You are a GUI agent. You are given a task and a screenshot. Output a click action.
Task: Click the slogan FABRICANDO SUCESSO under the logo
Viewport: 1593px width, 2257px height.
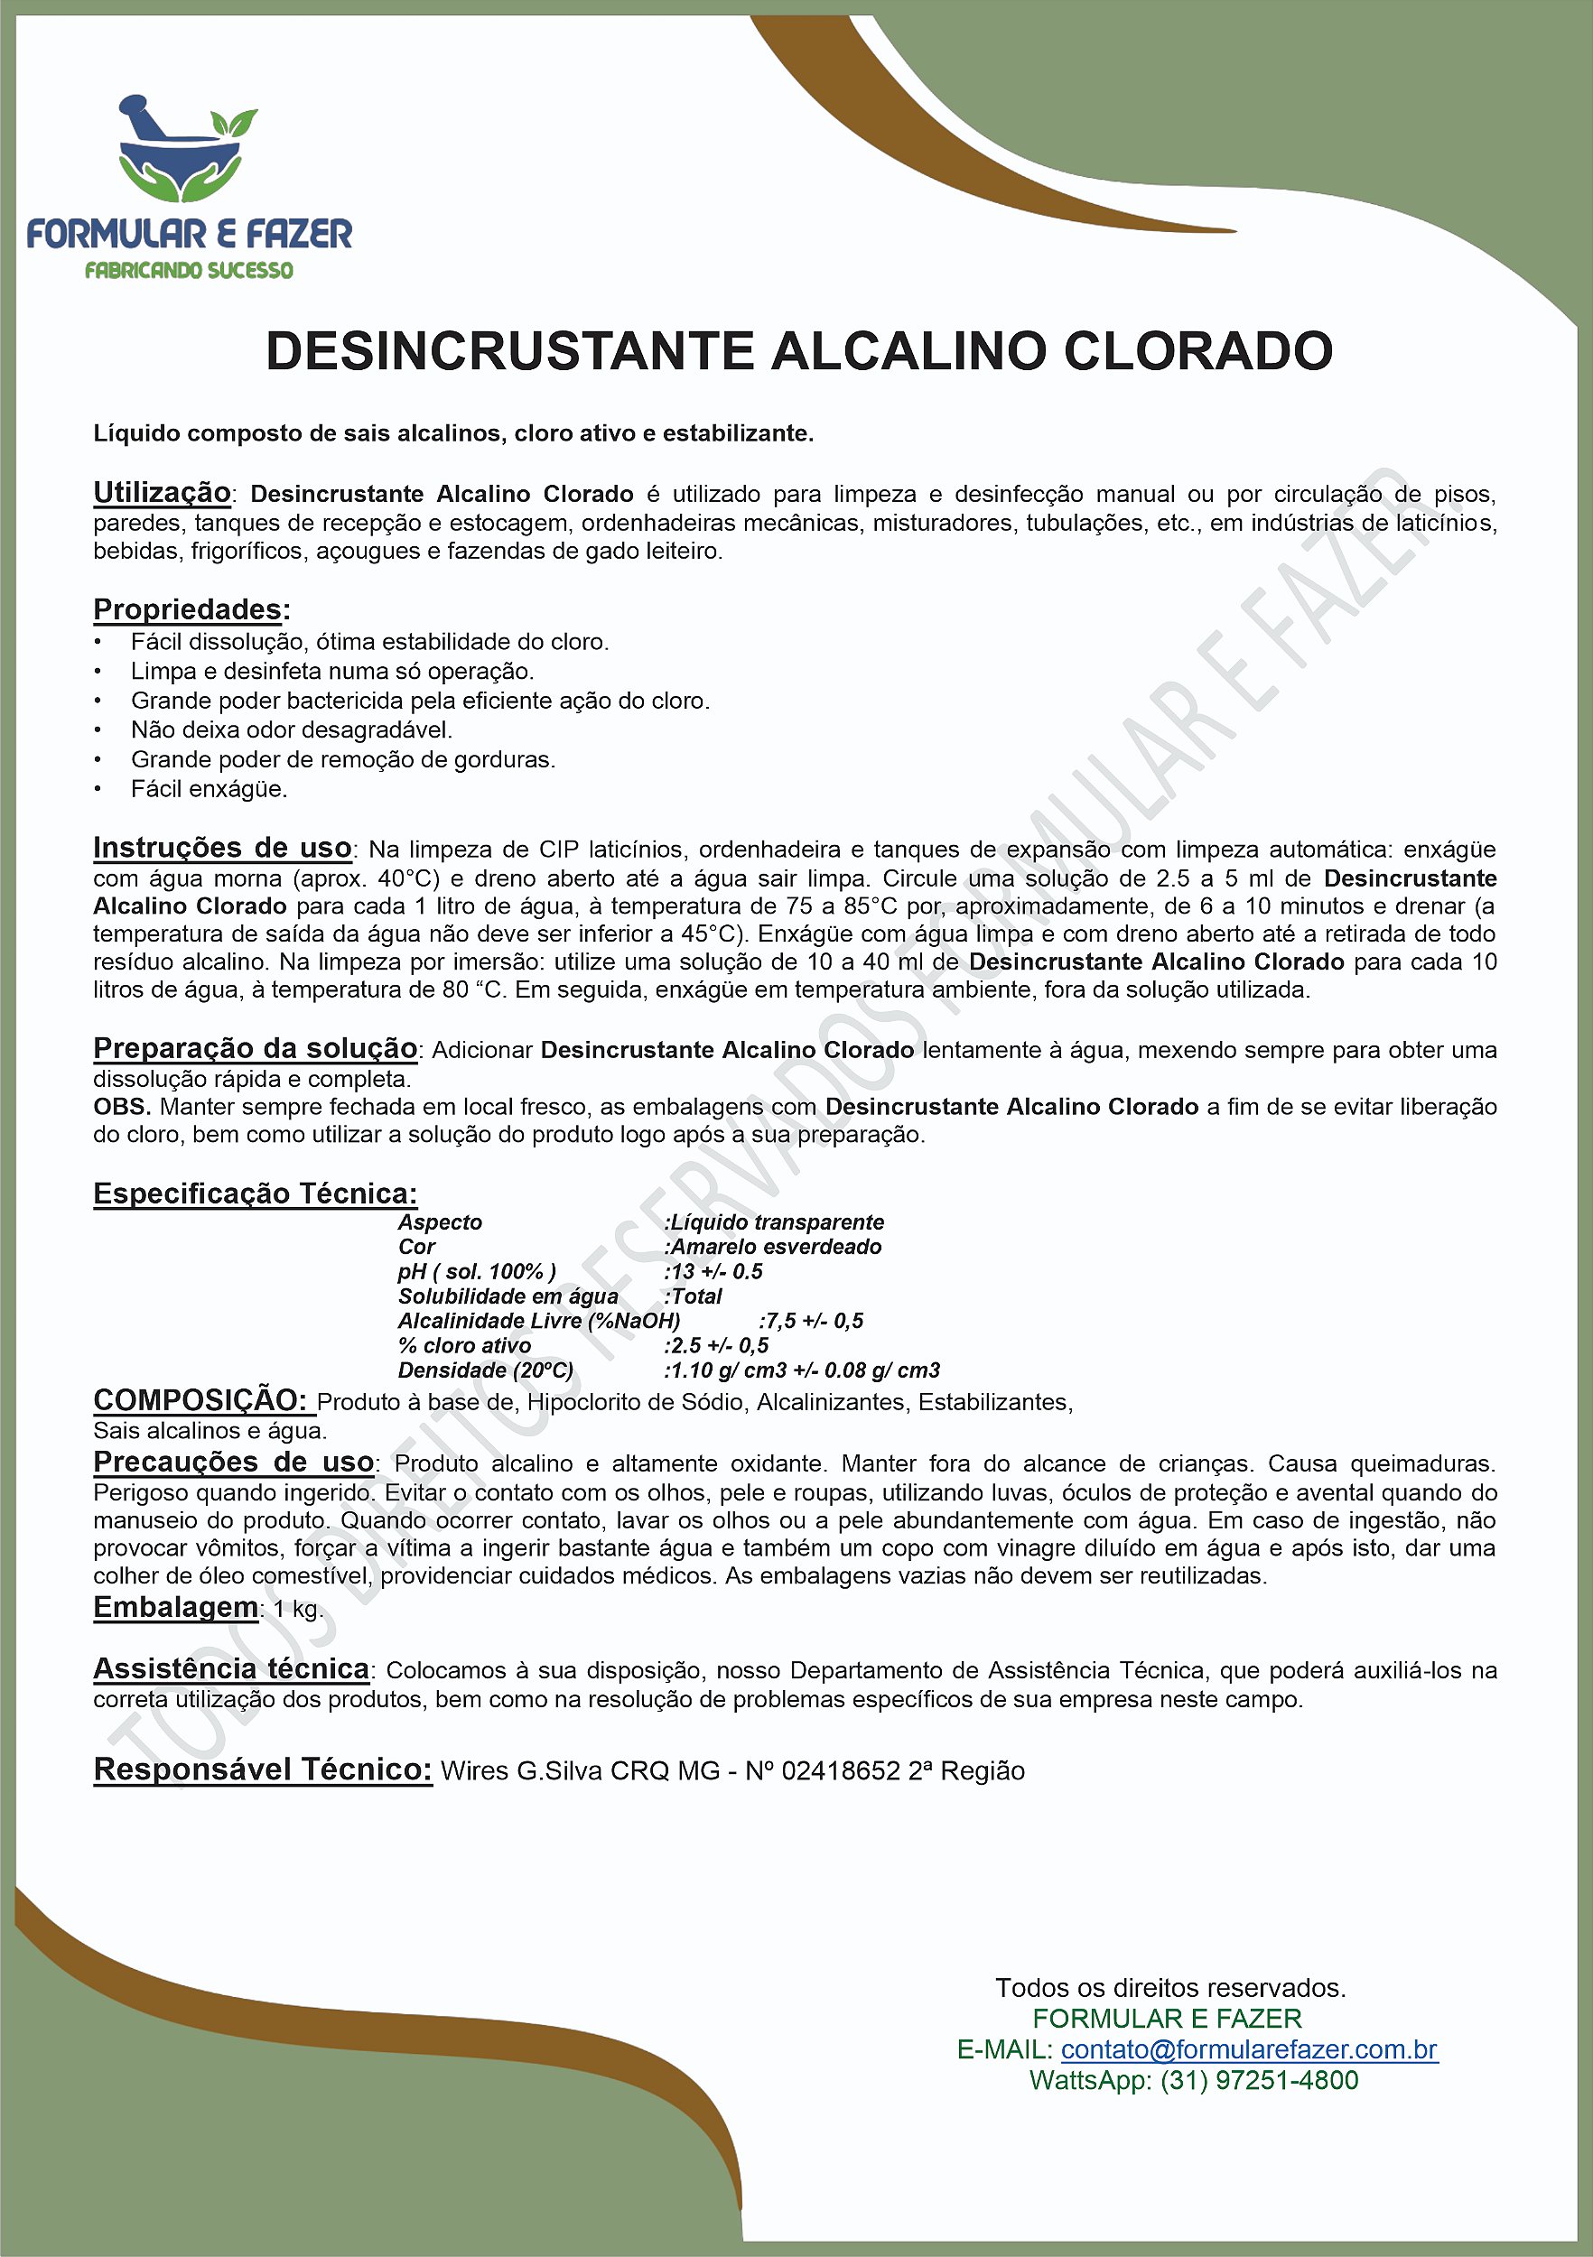pyautogui.click(x=189, y=270)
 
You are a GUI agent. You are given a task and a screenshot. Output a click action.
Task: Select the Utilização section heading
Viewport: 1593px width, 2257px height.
pyautogui.click(x=162, y=493)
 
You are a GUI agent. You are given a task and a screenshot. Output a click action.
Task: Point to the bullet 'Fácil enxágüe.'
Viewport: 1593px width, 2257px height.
pyautogui.click(x=209, y=788)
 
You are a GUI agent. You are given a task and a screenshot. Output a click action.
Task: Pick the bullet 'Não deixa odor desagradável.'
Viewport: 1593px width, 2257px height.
pyautogui.click(x=291, y=729)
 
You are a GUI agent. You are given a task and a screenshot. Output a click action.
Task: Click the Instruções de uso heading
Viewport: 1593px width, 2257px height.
pyautogui.click(x=222, y=848)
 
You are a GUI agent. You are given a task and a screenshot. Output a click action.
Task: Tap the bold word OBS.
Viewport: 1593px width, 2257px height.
pyautogui.click(x=121, y=1106)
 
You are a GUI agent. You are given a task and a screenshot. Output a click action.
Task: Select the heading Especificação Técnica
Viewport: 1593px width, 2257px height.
pyautogui.click(x=255, y=1194)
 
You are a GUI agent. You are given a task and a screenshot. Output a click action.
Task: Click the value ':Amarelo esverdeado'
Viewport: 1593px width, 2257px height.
pyautogui.click(x=773, y=1247)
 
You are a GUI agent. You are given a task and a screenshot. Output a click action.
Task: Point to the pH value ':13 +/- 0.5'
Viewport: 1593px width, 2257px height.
pyautogui.click(x=714, y=1271)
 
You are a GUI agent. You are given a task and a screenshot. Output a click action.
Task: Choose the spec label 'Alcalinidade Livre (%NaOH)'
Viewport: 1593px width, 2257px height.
pyautogui.click(x=539, y=1320)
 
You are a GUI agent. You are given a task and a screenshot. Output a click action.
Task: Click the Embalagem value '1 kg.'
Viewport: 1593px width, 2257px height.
pyautogui.click(x=298, y=1608)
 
